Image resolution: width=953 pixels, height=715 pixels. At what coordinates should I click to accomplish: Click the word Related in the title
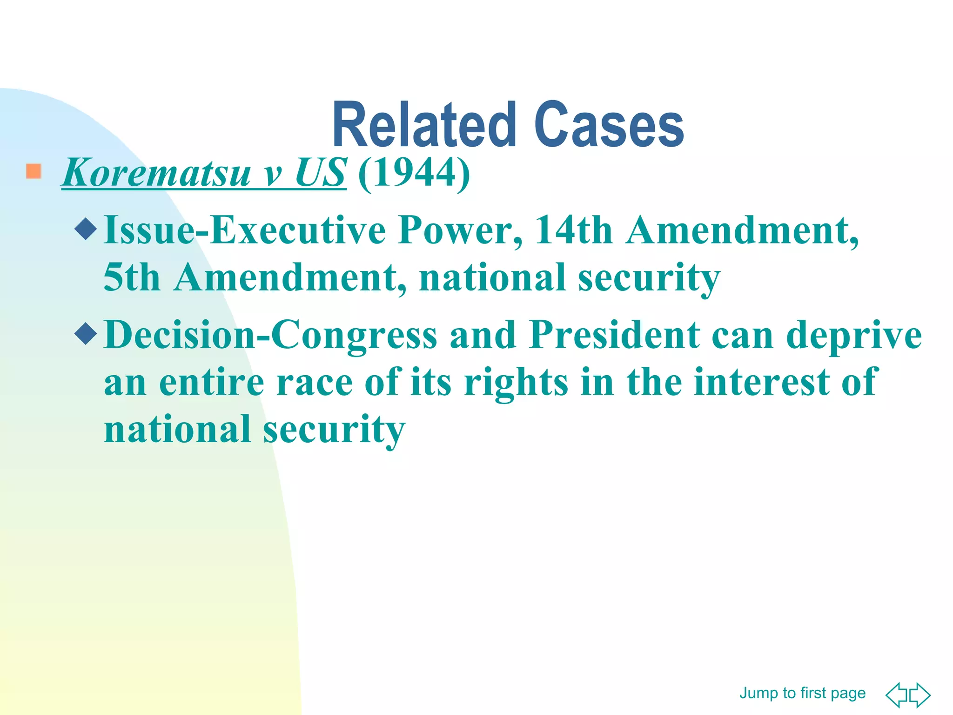click(x=424, y=125)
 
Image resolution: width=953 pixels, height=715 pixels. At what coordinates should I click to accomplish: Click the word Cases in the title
click(x=609, y=125)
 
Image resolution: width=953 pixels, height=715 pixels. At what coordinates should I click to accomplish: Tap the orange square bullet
click(x=34, y=171)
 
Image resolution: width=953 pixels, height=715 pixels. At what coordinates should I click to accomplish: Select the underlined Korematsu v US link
click(x=204, y=173)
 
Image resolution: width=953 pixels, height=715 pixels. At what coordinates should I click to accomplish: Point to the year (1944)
click(x=414, y=173)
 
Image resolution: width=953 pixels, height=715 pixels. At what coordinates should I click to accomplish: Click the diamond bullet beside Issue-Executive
click(x=86, y=229)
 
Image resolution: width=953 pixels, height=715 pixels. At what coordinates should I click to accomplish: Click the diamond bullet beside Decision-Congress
click(x=86, y=333)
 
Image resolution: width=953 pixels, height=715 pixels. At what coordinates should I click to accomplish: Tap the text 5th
click(x=131, y=277)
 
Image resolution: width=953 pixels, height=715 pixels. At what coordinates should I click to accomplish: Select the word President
click(x=614, y=335)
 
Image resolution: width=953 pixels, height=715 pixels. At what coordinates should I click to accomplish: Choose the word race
click(x=314, y=382)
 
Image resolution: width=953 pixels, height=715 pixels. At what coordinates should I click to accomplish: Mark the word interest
click(x=761, y=382)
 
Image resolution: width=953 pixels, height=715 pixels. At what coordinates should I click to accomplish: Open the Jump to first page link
click(x=802, y=693)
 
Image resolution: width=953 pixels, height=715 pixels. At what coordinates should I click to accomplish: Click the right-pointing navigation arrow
click(x=920, y=695)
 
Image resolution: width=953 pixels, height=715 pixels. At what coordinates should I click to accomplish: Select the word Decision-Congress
click(x=270, y=336)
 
